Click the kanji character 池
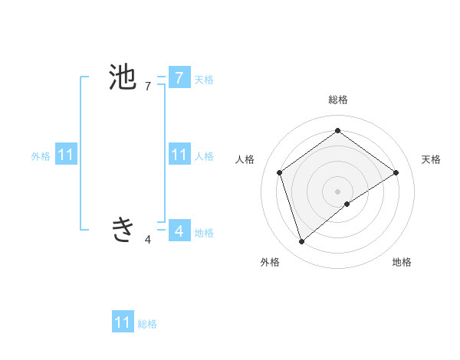(123, 77)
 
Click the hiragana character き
(123, 228)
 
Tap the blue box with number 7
(179, 77)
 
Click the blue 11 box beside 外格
(66, 155)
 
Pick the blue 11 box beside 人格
(179, 155)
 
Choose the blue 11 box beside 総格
(123, 322)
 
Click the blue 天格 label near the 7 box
(204, 79)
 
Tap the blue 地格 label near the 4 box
(204, 233)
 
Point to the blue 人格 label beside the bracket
(204, 156)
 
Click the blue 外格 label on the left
(41, 156)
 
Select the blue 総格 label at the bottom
(147, 324)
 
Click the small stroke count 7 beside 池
(147, 87)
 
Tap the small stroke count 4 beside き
(147, 240)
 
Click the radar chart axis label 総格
(337, 100)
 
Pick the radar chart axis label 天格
(431, 159)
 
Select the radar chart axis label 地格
(402, 262)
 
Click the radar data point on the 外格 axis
(301, 242)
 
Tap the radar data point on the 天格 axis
(396, 172)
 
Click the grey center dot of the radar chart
(337, 191)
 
